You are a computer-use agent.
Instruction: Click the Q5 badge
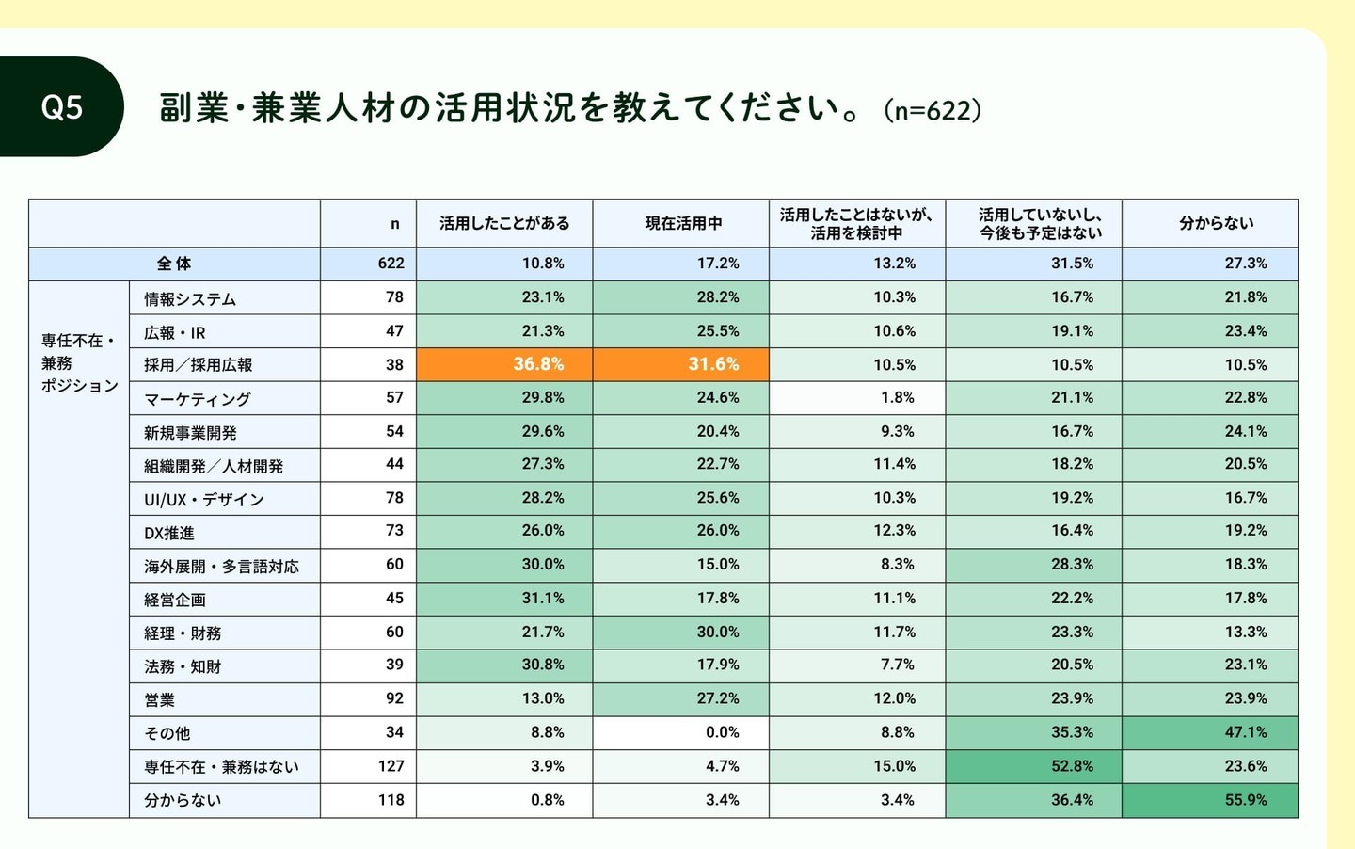[x=62, y=107]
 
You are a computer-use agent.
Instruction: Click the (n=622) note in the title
[x=933, y=111]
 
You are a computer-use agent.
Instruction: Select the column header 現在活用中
[x=683, y=224]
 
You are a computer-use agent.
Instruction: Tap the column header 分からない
[x=1216, y=224]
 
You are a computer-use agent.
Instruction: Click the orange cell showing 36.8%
[x=504, y=364]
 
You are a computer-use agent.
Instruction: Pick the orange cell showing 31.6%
[x=681, y=364]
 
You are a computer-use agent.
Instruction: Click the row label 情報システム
[x=190, y=299]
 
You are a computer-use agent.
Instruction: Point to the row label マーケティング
[x=198, y=399]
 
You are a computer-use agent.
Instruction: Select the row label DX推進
[x=169, y=533]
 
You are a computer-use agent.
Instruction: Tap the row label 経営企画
[x=175, y=600]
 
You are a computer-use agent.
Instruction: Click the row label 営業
[x=160, y=700]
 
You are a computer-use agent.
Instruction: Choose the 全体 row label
[x=174, y=264]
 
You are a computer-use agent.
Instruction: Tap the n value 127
[x=391, y=766]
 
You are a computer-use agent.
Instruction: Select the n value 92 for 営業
[x=394, y=698]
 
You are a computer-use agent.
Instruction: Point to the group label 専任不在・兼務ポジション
[x=79, y=363]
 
